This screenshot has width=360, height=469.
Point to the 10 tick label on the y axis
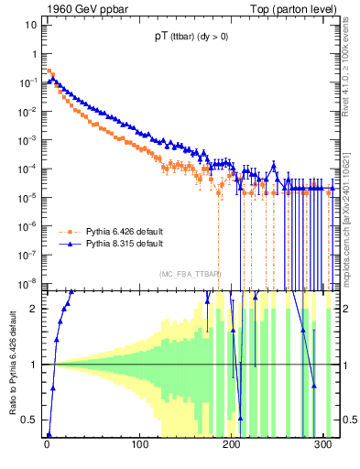coord(31,25)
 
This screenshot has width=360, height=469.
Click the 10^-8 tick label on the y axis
coord(29,282)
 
